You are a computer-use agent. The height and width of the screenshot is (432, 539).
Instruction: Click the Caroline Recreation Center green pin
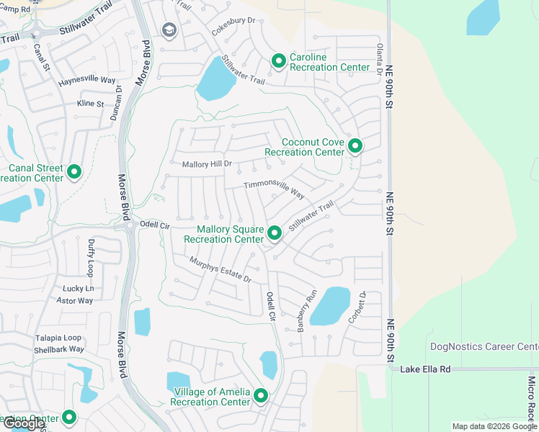coord(279,62)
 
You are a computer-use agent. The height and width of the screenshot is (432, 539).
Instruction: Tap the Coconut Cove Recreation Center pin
coord(355,146)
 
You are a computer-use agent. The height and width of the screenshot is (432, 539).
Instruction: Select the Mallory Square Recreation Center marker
coord(274,233)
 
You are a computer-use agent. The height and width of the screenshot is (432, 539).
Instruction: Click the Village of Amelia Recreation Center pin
coord(260,395)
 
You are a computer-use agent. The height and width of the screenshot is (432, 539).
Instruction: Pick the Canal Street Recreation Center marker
coord(73,172)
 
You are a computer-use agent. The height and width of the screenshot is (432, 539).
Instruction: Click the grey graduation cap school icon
coord(169,30)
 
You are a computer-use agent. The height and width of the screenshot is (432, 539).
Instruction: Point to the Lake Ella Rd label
coord(425,369)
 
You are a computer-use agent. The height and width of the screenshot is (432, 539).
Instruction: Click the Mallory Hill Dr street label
coord(207,164)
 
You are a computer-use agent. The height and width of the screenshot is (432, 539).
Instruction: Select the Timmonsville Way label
coord(274,189)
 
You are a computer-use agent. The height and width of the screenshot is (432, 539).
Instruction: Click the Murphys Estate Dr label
coord(220,269)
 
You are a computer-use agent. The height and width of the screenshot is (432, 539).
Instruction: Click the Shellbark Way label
coord(59,349)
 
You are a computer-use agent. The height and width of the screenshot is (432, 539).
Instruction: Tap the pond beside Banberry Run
coord(330,305)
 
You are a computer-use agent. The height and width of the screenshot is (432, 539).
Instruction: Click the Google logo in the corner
coord(24,423)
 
